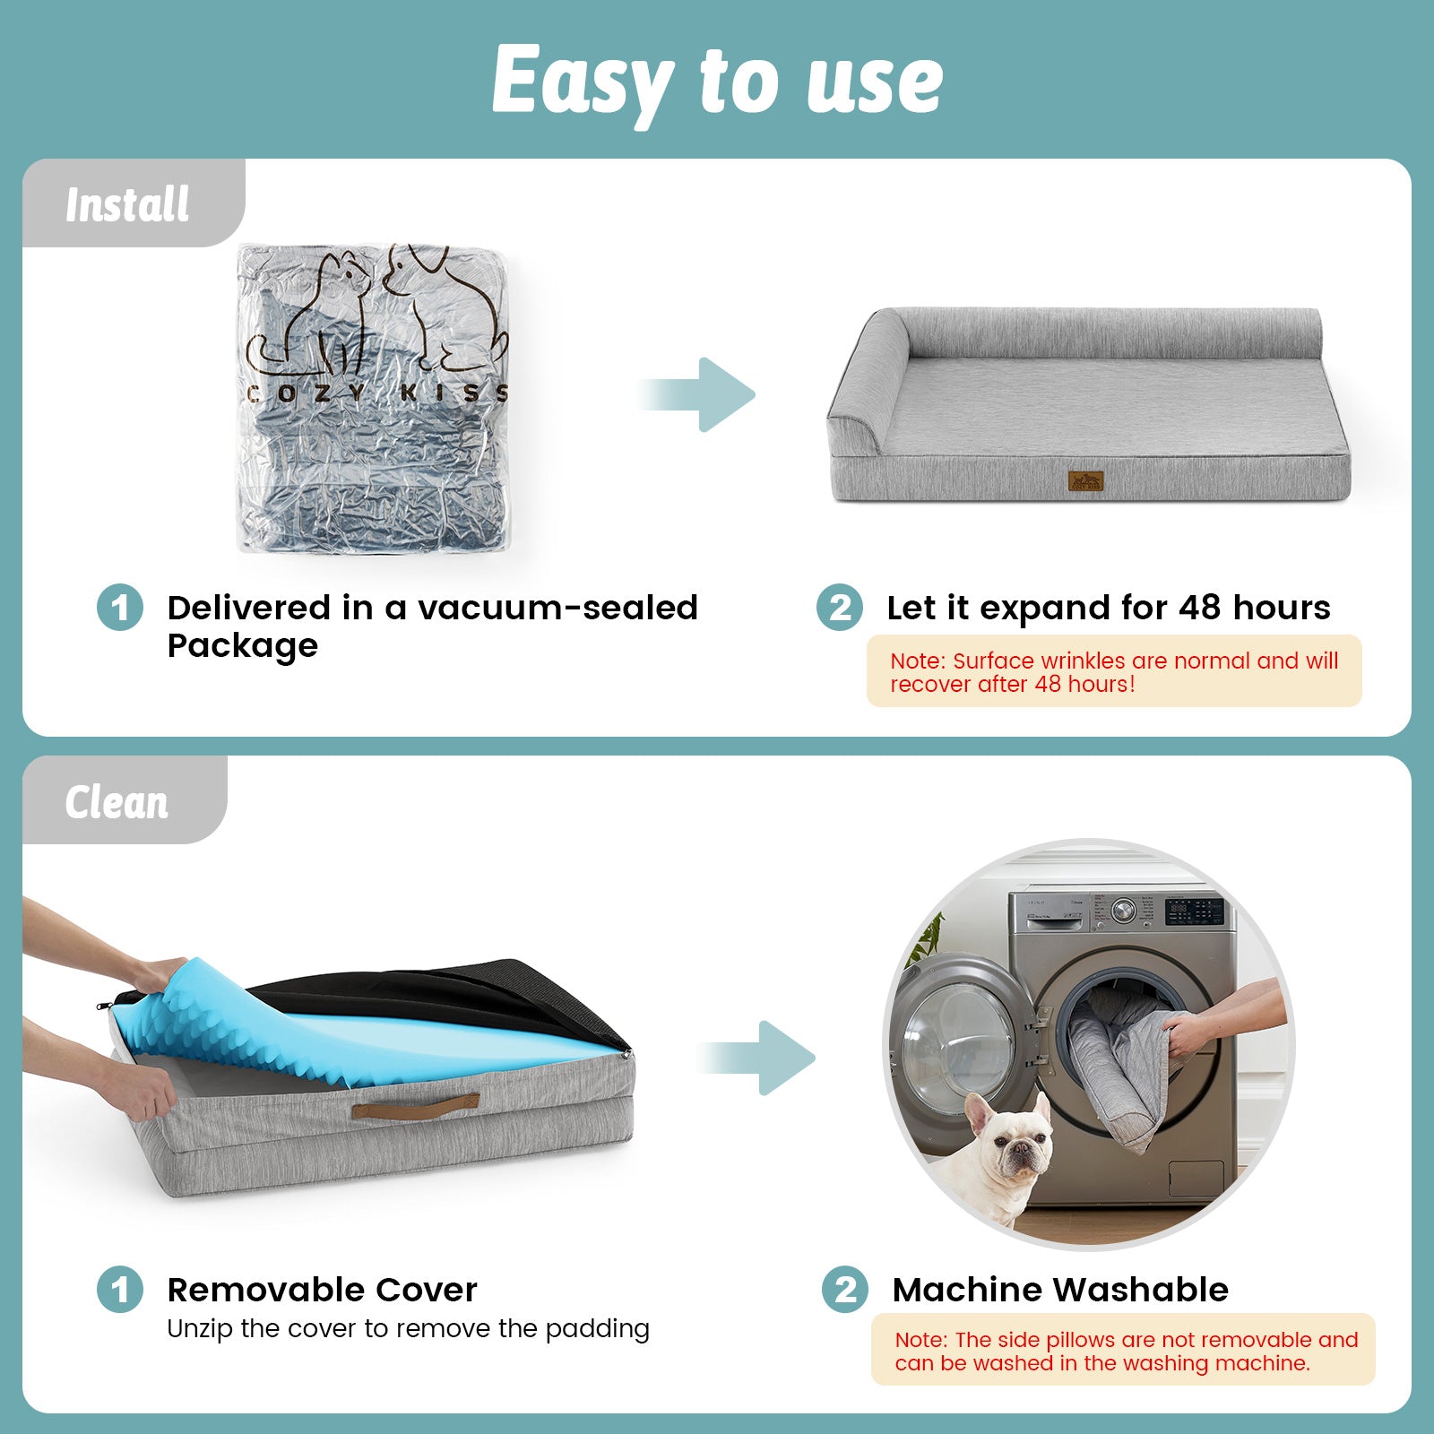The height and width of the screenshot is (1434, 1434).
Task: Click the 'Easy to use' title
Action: point(717,81)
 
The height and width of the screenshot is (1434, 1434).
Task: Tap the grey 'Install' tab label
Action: point(127,204)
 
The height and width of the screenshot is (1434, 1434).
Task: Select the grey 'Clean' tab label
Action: point(117,801)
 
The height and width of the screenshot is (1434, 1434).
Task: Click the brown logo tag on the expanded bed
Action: point(1085,481)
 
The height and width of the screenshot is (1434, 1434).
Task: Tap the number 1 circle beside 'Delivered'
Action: point(120,608)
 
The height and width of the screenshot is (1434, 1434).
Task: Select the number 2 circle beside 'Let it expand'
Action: point(840,608)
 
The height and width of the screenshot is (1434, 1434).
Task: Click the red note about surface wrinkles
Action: point(1113,671)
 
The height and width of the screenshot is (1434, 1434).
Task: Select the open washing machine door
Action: point(959,1049)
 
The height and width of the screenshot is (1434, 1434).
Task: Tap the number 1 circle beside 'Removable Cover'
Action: point(120,1290)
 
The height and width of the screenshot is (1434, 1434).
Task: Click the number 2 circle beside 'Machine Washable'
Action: point(845,1290)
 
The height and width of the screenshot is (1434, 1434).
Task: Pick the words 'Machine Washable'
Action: point(1060,1290)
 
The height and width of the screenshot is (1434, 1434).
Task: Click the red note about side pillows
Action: point(1125,1351)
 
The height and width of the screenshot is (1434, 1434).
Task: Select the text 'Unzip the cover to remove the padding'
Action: point(408,1328)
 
